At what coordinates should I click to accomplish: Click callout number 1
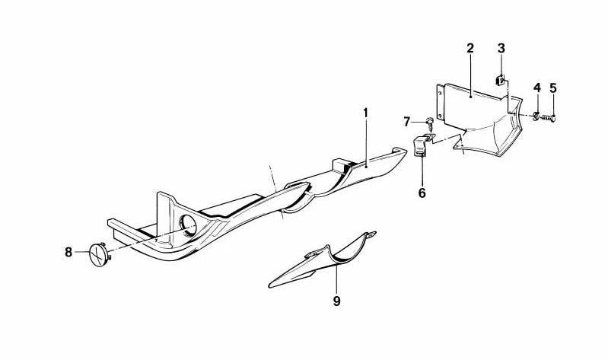(365, 113)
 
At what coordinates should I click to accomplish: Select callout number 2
(470, 49)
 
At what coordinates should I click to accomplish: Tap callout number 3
(501, 49)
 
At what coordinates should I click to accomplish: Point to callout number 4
(536, 88)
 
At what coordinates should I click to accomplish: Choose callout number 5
(553, 88)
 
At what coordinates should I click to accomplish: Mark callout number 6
(422, 193)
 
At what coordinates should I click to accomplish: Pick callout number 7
(406, 122)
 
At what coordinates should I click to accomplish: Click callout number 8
(68, 252)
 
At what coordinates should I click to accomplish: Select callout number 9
(336, 301)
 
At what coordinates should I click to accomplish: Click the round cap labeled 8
(99, 253)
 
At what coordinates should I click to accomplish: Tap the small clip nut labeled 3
(501, 80)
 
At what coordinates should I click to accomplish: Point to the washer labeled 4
(536, 116)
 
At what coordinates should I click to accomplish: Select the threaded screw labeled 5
(549, 116)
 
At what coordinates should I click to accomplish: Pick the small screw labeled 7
(430, 124)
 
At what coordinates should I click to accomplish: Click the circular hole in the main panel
(189, 225)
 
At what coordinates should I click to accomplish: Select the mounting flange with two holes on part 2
(440, 102)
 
